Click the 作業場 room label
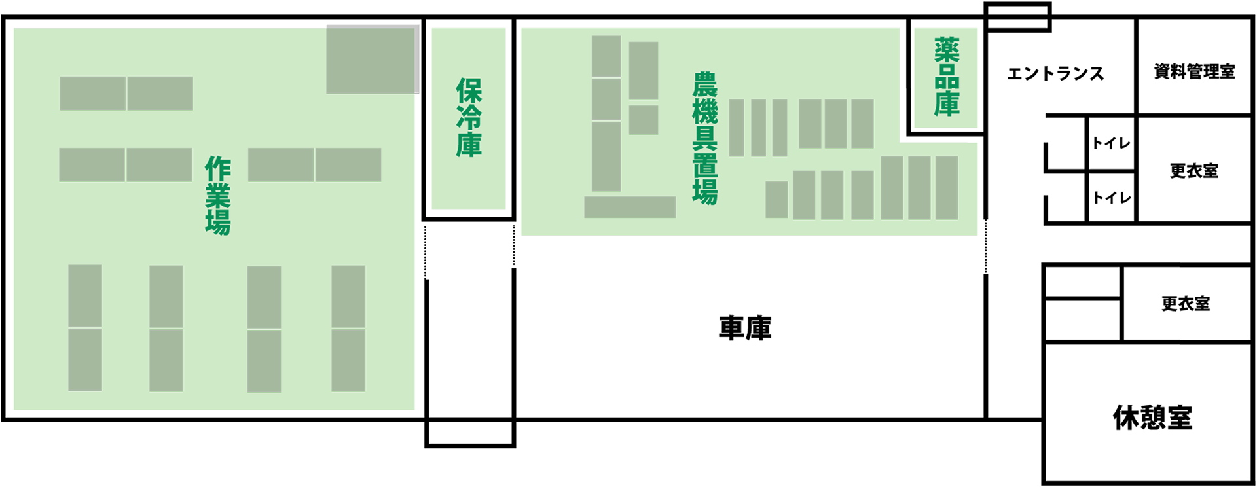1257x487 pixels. click(x=218, y=195)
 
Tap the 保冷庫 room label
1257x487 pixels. click(x=469, y=118)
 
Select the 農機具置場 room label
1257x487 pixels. click(x=705, y=138)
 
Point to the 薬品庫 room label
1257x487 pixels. click(x=947, y=77)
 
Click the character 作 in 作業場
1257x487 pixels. click(x=218, y=169)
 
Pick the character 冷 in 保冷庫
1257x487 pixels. click(x=469, y=118)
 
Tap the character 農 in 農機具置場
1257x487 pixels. click(x=705, y=84)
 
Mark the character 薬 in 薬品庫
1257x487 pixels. click(x=947, y=50)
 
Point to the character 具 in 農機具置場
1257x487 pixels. click(x=705, y=138)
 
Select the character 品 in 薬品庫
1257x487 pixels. click(x=947, y=77)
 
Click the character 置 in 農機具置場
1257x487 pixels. click(x=705, y=165)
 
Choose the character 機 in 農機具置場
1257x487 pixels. click(x=705, y=111)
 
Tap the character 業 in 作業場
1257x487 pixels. click(x=218, y=195)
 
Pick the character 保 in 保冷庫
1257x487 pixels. click(x=469, y=91)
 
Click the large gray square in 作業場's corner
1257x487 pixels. click(x=372, y=59)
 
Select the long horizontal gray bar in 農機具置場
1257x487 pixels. click(x=629, y=207)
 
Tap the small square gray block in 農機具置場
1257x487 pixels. click(x=643, y=120)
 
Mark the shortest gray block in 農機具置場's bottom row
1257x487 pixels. click(x=776, y=199)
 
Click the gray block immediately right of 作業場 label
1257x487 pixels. click(x=280, y=164)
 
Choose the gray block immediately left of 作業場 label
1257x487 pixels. click(x=159, y=164)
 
